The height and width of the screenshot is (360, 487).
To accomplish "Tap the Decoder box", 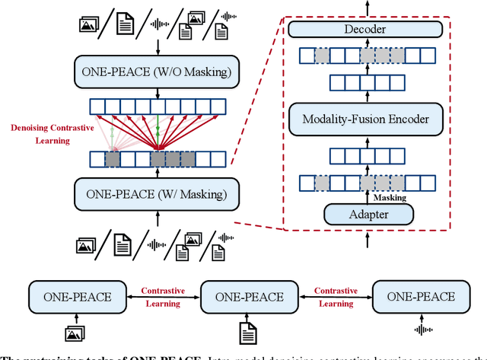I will pyautogui.click(x=364, y=30).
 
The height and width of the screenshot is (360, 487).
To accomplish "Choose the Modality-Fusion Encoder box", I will pyautogui.click(x=364, y=118).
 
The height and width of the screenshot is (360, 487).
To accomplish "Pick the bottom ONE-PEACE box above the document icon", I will pyautogui.click(x=249, y=296).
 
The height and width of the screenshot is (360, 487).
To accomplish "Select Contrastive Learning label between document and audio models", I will pyautogui.click(x=335, y=297).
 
